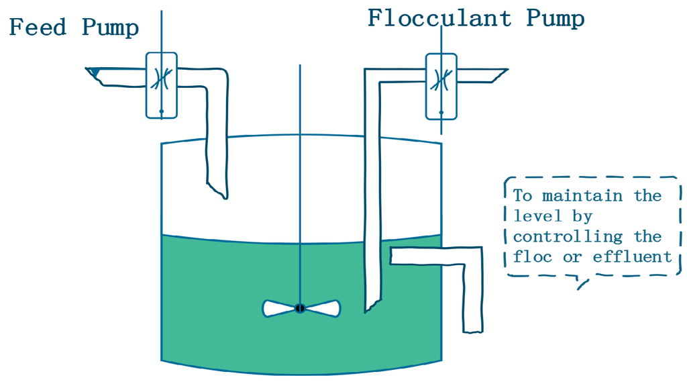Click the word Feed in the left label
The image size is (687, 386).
(38, 28)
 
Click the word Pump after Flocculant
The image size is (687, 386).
(556, 18)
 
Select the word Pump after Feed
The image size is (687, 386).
(110, 28)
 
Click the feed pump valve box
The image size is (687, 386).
(161, 85)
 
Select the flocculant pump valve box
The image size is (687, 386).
(441, 85)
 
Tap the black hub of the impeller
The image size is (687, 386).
(300, 308)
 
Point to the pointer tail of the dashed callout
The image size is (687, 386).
(581, 285)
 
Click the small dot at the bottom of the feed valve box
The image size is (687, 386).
(161, 111)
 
